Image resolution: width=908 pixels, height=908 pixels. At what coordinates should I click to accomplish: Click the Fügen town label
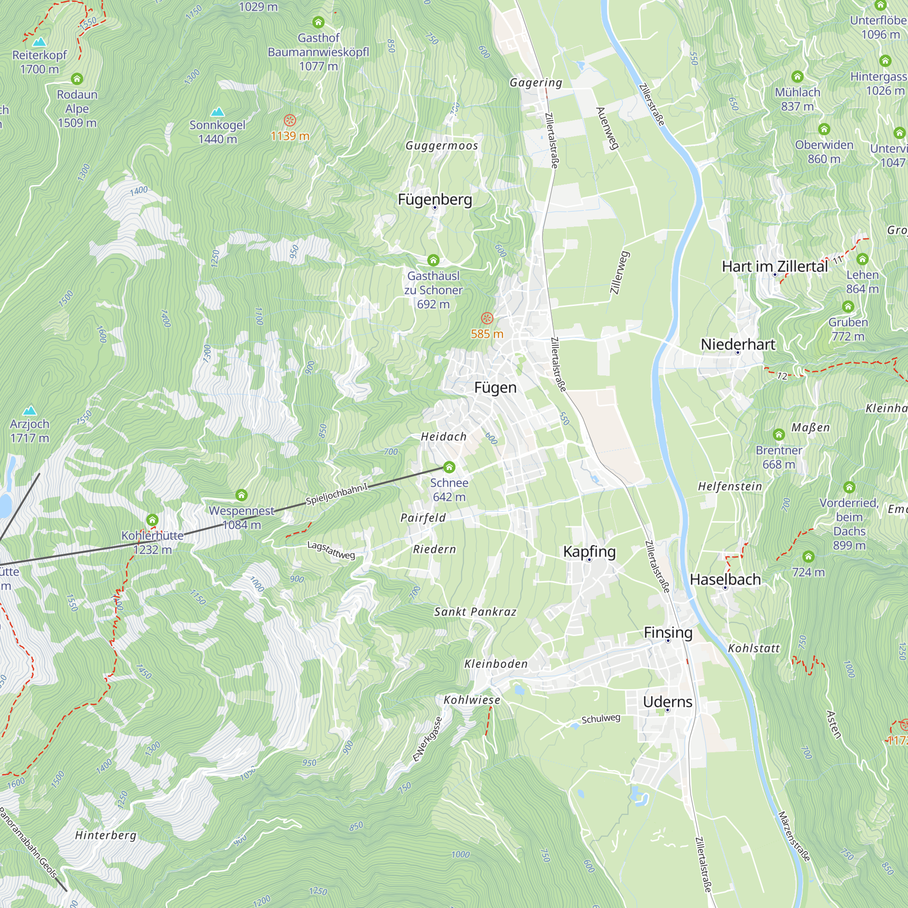coord(495,388)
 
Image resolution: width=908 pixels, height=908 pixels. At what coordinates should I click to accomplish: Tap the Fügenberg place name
coord(435,199)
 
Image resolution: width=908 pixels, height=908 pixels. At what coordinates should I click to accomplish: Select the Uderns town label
coord(667,702)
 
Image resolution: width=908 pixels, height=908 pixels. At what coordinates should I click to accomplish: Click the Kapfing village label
coord(589,551)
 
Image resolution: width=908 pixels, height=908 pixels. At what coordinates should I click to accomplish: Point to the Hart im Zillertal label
coord(775,266)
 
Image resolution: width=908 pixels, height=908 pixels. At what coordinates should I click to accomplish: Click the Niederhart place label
coord(738,344)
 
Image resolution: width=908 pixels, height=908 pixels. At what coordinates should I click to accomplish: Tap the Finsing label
coord(668,632)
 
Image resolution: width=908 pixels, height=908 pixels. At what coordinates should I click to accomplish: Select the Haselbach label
coord(725,579)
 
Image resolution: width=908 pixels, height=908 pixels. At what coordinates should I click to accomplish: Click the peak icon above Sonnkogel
coord(217,112)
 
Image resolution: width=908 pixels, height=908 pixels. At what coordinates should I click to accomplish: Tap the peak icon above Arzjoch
coord(30,410)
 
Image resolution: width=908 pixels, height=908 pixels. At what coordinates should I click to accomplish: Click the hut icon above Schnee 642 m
coord(449,467)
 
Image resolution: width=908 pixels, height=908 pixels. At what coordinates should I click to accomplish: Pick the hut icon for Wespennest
coord(242,495)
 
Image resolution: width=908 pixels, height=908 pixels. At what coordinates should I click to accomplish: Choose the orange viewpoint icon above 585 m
coord(487,318)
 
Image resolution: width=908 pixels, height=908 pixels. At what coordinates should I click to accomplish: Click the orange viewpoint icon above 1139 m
coord(290,120)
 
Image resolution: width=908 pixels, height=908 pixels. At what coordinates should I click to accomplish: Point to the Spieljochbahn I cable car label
coord(336,494)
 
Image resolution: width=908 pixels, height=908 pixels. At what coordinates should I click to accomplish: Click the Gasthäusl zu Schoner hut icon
coord(433,260)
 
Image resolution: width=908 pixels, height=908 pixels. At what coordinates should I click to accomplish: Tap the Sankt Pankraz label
coord(475,612)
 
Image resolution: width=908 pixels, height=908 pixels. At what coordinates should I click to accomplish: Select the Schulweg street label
coord(601,719)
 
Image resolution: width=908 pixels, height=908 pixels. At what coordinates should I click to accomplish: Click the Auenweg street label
coord(607,128)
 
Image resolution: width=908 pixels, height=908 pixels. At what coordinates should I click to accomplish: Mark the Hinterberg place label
coord(106,835)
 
